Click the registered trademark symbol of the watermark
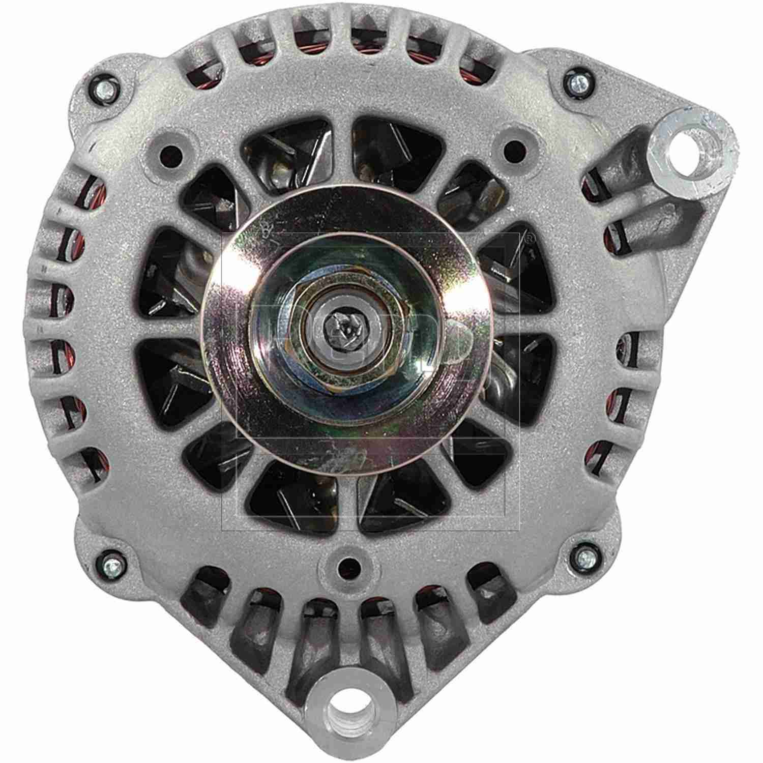tap(529, 238)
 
